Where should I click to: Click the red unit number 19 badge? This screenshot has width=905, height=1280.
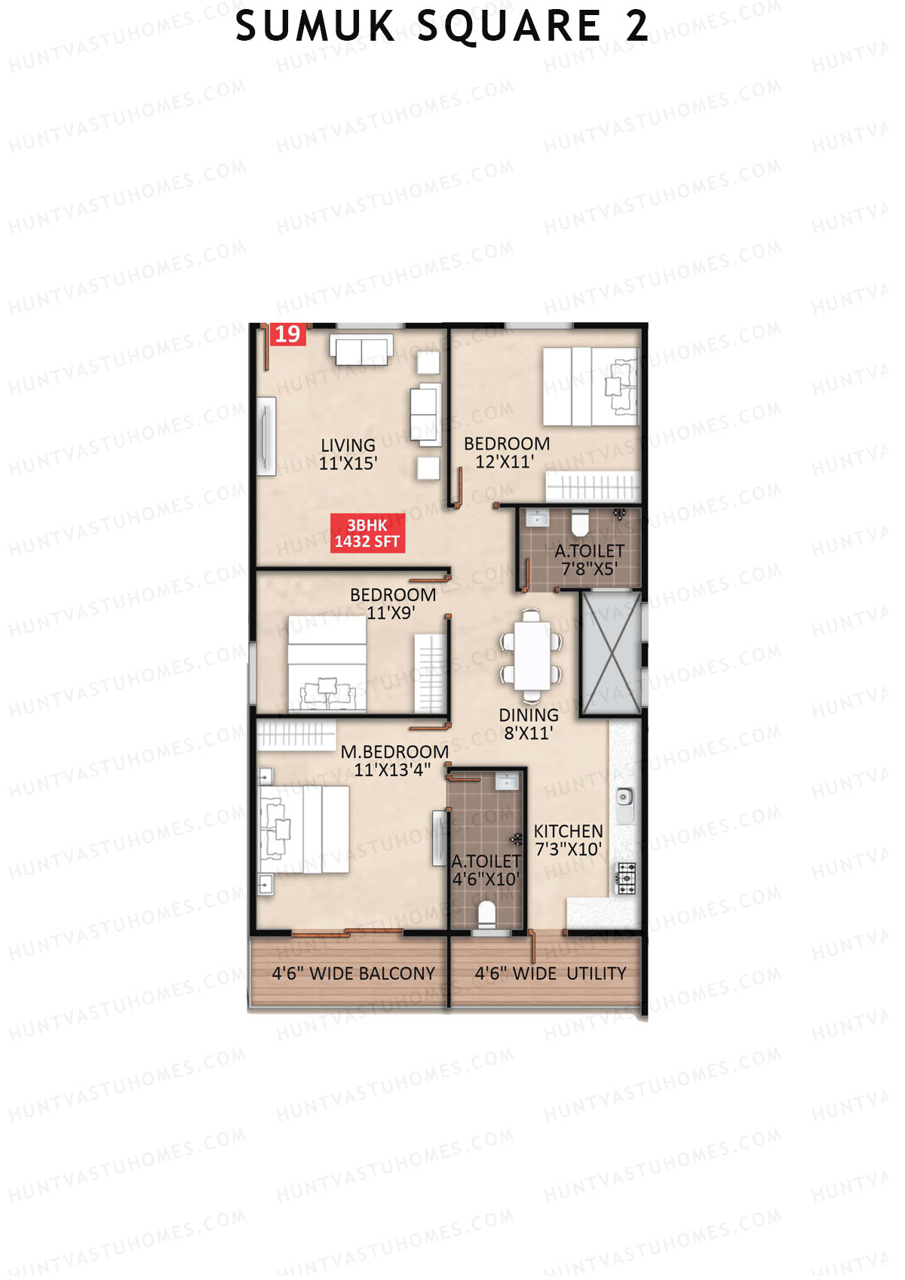(x=287, y=334)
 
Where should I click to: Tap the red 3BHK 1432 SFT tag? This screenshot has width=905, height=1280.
(x=367, y=533)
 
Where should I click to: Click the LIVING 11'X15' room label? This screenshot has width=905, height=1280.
(x=348, y=454)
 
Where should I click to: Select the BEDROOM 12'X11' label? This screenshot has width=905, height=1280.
(x=506, y=453)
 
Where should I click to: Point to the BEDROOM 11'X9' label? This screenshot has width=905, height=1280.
(x=392, y=603)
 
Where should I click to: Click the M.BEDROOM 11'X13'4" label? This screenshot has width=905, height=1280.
(x=394, y=760)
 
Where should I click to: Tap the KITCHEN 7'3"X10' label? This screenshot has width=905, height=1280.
(x=568, y=840)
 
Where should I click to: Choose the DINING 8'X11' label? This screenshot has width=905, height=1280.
(x=529, y=723)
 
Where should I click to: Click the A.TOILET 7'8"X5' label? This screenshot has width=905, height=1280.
(x=589, y=560)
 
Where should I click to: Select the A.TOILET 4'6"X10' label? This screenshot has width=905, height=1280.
(x=486, y=870)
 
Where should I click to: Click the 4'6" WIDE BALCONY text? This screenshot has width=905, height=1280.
(x=353, y=974)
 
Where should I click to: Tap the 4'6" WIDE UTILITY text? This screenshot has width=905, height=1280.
(x=551, y=974)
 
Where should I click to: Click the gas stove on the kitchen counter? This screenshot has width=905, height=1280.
(x=627, y=878)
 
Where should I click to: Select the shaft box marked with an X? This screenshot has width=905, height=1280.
(x=611, y=653)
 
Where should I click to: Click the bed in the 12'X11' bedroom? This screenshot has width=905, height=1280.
(x=591, y=387)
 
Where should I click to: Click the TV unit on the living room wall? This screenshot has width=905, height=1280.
(x=266, y=436)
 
